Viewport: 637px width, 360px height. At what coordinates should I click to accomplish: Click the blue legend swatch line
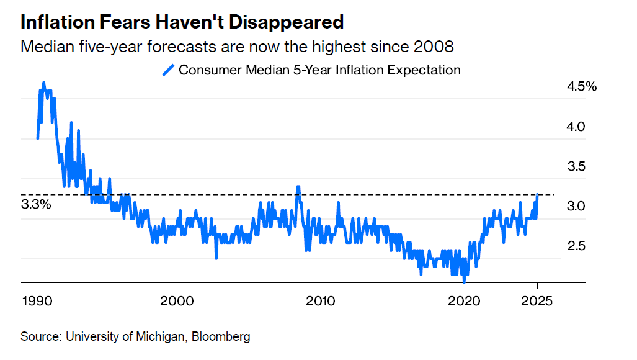[168, 70]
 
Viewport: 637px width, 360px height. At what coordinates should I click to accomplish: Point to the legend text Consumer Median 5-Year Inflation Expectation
[319, 70]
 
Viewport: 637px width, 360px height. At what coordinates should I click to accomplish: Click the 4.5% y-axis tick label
[581, 87]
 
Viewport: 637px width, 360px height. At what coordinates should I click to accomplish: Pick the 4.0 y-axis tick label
[576, 127]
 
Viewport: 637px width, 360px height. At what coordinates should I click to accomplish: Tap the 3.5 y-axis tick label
[576, 166]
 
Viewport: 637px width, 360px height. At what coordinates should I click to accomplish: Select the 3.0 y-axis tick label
[576, 206]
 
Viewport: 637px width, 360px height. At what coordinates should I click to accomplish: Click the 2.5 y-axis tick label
[576, 246]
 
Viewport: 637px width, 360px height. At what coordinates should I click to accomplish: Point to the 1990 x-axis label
[38, 301]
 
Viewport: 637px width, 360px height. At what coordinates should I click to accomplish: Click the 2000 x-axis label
[177, 301]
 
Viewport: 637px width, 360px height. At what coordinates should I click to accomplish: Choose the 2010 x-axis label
[321, 301]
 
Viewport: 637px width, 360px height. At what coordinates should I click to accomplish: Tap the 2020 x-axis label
[465, 301]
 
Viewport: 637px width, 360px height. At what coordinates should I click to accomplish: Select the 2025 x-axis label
[537, 301]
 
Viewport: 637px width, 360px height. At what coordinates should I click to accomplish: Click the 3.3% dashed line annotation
[36, 204]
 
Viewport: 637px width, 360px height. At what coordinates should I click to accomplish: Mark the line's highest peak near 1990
[43, 83]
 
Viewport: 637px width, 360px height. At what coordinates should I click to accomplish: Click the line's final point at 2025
[538, 195]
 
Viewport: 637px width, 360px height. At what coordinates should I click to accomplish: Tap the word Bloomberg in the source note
[221, 337]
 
